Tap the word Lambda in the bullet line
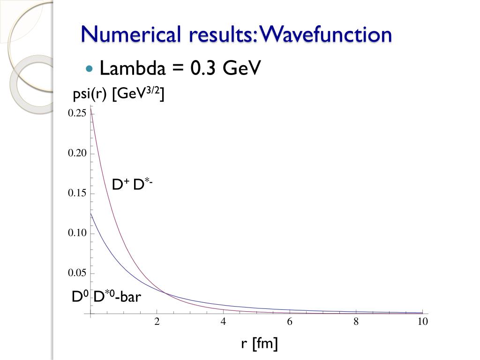[x=133, y=68]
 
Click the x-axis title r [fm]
[x=259, y=344]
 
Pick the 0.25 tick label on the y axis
[x=77, y=113]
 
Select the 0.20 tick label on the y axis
[x=77, y=153]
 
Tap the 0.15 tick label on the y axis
[x=77, y=193]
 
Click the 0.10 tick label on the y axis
[x=77, y=233]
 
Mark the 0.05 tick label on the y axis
[x=77, y=273]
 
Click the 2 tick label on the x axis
[x=157, y=322]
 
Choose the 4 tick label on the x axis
[x=224, y=322]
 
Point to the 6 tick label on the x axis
[x=290, y=322]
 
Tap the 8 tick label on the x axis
[x=356, y=322]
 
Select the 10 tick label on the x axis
[x=423, y=322]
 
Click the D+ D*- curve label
[x=132, y=184]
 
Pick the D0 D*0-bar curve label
[x=106, y=297]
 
